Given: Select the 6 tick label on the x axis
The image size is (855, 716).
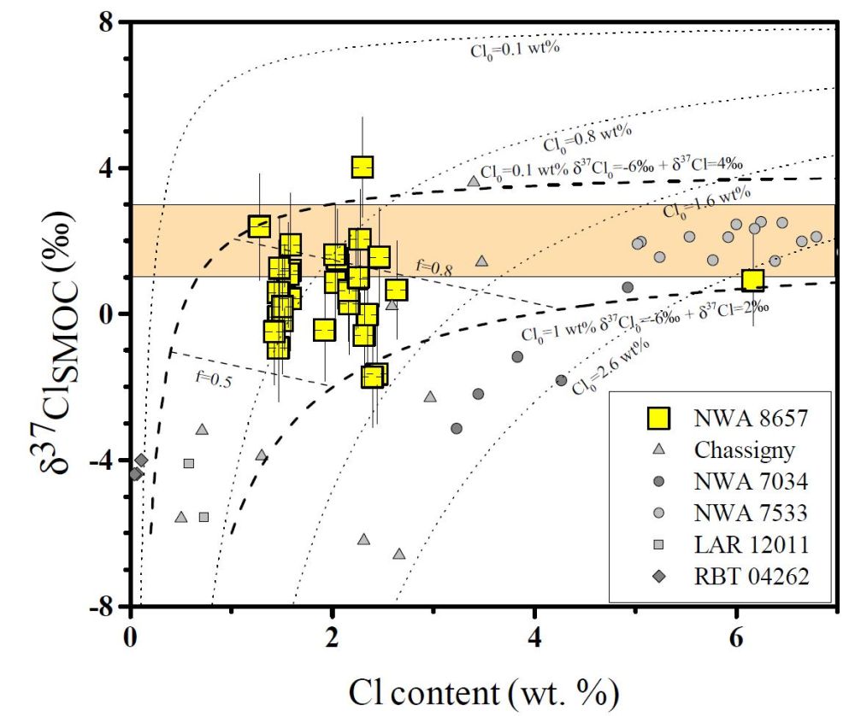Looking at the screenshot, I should click(736, 637).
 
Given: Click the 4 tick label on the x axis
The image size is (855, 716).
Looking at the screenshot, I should click(534, 637).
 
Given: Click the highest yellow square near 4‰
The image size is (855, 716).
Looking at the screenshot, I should click(363, 167).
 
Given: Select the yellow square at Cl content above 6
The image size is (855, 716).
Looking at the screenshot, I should click(752, 279).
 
